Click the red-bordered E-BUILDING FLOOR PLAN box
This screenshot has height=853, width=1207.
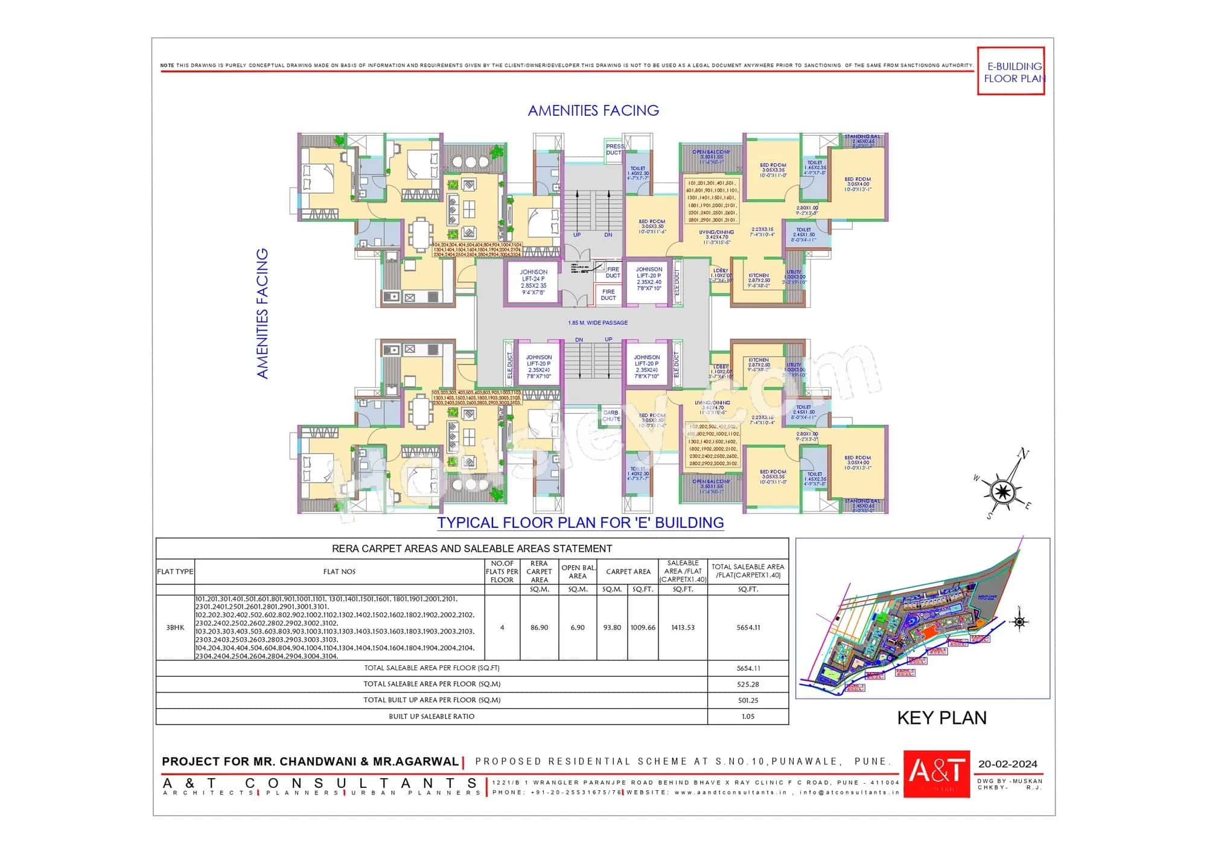point(1011,71)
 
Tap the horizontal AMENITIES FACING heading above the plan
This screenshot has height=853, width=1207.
point(593,110)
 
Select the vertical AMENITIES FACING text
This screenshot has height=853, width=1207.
point(262,314)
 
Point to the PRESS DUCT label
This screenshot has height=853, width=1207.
point(614,149)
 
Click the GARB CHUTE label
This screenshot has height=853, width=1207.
point(611,416)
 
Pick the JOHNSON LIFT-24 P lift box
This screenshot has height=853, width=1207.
point(533,282)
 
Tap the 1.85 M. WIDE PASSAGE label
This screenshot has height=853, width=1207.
point(597,323)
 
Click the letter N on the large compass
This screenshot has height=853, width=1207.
point(1023,454)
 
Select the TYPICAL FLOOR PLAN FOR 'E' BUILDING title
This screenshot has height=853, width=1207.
point(580,522)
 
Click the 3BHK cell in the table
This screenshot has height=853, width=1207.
point(175,627)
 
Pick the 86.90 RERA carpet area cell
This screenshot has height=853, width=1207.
point(539,627)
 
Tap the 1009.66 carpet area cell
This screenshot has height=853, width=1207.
point(643,627)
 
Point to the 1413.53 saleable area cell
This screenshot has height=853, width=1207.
point(683,627)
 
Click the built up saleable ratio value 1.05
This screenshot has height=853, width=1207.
point(748,717)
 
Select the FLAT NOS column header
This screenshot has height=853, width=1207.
point(339,571)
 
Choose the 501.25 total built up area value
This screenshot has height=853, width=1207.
point(748,700)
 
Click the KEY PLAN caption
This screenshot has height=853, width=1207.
point(941,718)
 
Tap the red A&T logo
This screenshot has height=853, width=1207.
point(936,773)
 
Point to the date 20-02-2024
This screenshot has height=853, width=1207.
point(1007,764)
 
